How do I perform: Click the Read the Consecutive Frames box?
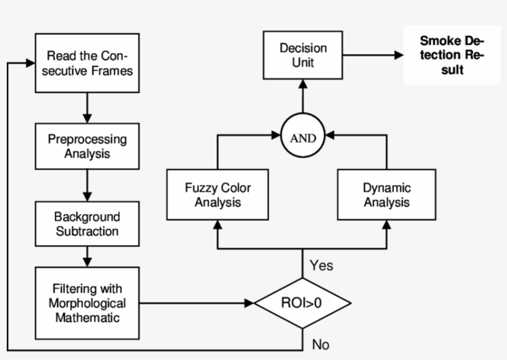(87, 63)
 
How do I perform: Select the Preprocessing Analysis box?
(87, 146)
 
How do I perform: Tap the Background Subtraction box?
(87, 224)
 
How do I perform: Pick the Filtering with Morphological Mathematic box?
(87, 303)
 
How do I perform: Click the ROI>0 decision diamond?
(303, 303)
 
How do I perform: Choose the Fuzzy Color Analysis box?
(218, 194)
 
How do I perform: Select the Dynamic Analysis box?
(386, 194)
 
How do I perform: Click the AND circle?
(303, 137)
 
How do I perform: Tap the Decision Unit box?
(303, 55)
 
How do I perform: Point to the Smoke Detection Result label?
(451, 55)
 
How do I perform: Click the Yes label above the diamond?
(321, 265)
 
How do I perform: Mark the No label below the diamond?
(320, 345)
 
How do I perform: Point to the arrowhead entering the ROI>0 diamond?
(249, 303)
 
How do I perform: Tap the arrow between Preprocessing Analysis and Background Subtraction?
(87, 185)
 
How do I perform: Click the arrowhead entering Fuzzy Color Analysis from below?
(218, 225)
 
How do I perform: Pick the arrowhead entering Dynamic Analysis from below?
(386, 225)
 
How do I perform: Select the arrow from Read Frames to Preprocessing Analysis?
(87, 108)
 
